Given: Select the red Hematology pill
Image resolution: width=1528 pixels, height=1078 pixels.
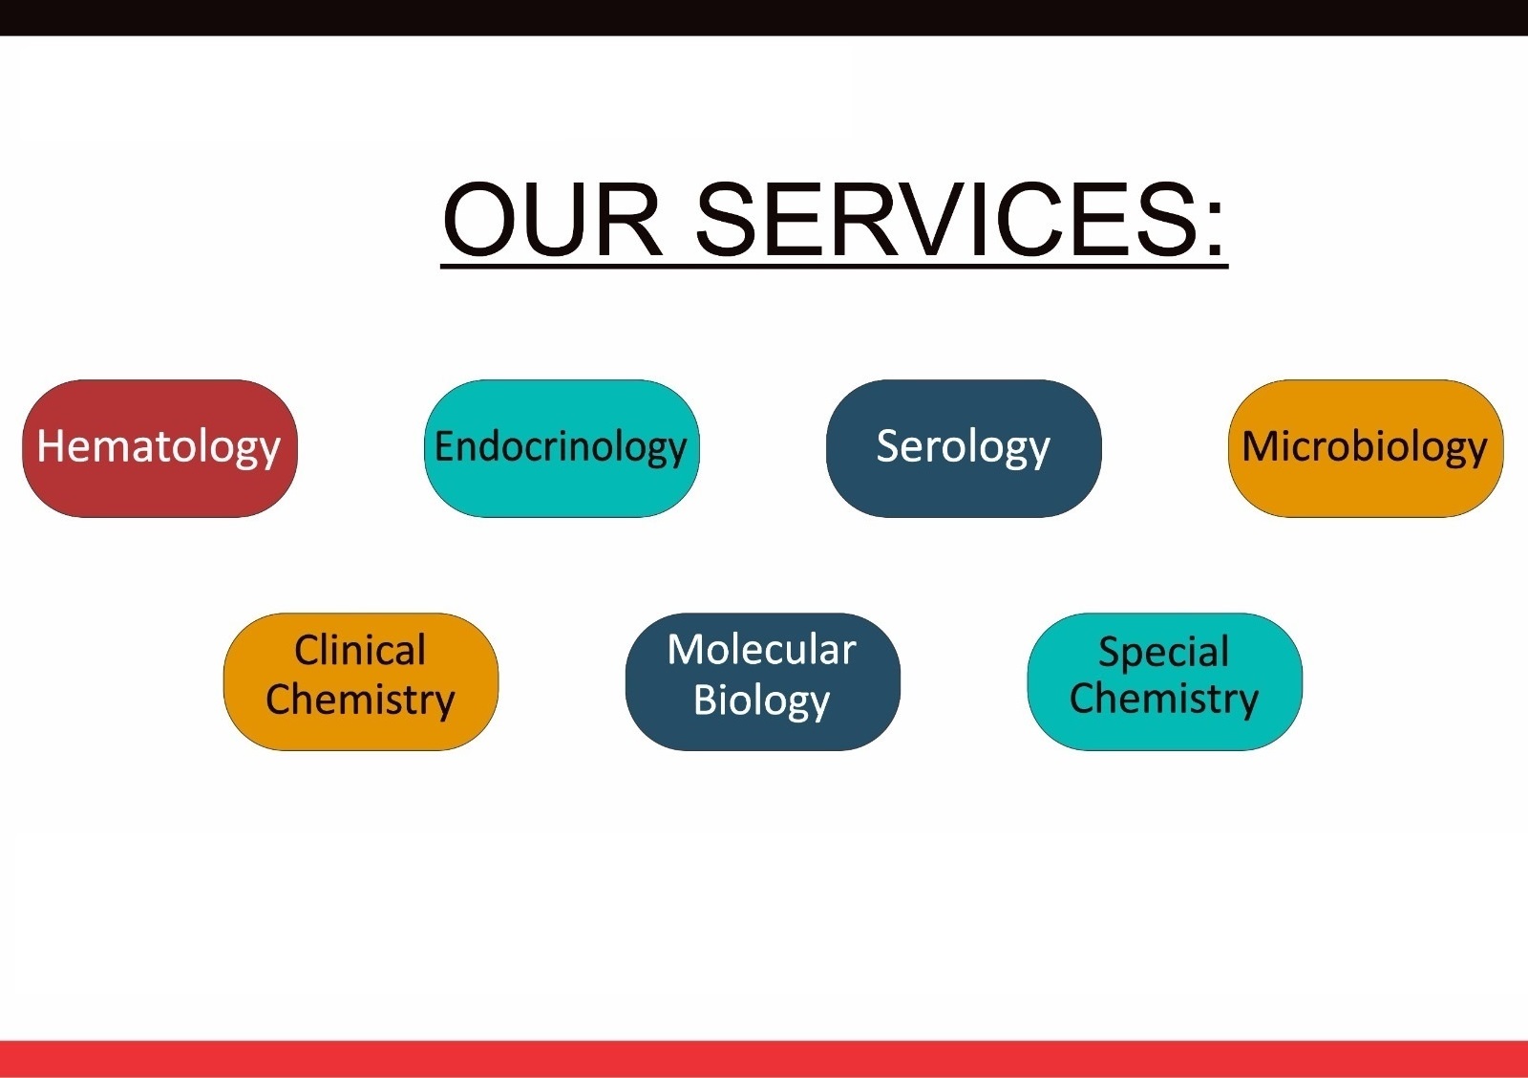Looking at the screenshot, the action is click(159, 448).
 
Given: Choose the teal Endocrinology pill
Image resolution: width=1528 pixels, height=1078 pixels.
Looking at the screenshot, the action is click(562, 448).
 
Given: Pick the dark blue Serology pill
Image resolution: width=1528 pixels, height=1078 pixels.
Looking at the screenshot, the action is click(964, 448).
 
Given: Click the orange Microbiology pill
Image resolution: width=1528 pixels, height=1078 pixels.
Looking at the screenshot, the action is click(1366, 448).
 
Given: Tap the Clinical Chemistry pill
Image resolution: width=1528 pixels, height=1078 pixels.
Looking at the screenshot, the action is click(361, 681).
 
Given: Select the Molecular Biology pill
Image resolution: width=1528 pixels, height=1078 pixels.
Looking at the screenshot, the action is click(763, 681).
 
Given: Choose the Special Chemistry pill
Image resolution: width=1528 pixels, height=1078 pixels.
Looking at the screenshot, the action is click(1164, 681).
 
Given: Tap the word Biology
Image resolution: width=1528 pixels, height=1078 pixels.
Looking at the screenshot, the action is click(762, 701).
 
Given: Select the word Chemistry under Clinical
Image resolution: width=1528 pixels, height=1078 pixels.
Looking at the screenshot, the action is click(360, 701).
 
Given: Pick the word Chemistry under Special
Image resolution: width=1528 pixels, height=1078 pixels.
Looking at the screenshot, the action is click(1164, 701).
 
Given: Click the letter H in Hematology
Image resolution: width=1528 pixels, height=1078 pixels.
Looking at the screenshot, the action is click(50, 446).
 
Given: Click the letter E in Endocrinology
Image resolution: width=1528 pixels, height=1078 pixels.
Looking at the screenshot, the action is click(444, 446).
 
